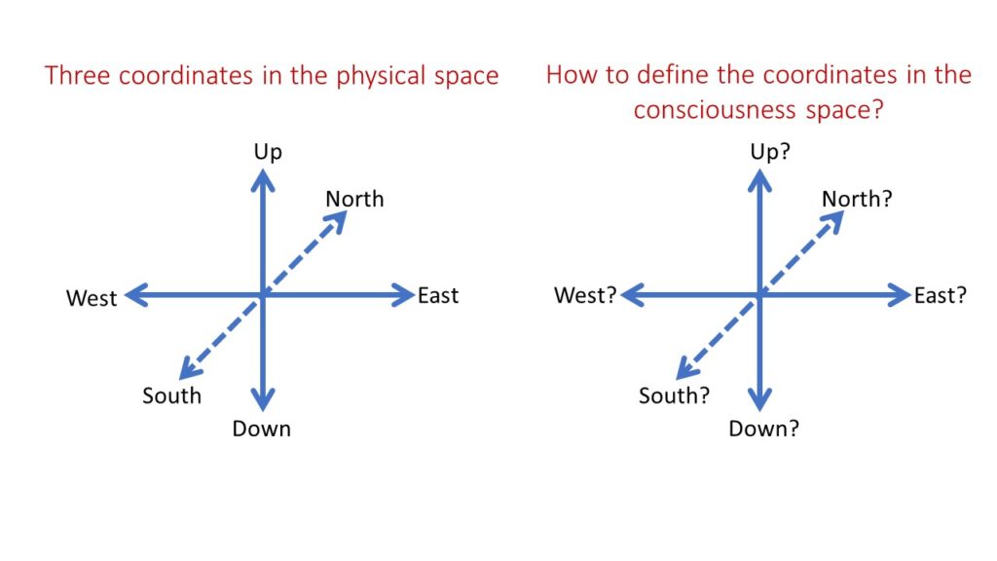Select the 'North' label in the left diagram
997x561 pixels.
click(x=354, y=199)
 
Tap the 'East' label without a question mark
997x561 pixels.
click(x=438, y=296)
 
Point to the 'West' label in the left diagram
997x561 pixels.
click(x=92, y=298)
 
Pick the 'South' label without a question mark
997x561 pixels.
click(x=171, y=395)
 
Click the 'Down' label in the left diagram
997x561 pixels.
click(x=261, y=429)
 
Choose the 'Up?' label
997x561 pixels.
click(x=770, y=152)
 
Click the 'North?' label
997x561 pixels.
click(x=857, y=199)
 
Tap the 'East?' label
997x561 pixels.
click(x=941, y=296)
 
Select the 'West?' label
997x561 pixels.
click(x=585, y=295)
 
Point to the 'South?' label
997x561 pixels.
click(x=674, y=395)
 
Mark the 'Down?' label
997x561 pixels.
click(x=763, y=429)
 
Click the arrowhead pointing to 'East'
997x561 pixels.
click(x=403, y=295)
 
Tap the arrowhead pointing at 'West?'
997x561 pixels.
click(x=633, y=295)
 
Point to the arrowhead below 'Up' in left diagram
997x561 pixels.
click(x=263, y=180)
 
